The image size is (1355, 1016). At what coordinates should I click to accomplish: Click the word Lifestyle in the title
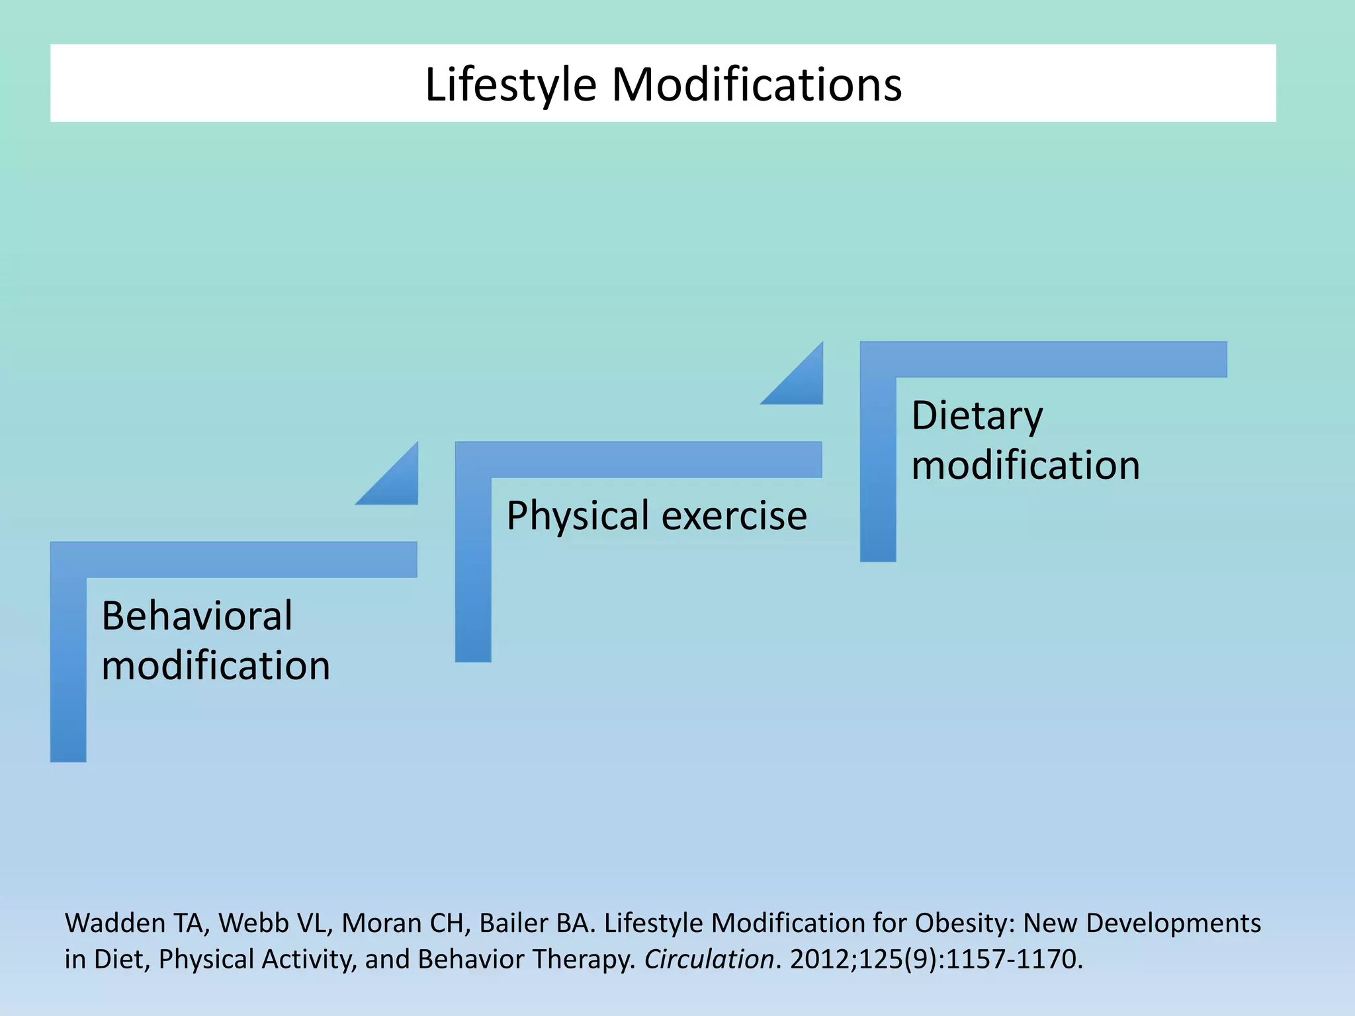tap(510, 85)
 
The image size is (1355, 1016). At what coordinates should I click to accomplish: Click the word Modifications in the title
tap(756, 85)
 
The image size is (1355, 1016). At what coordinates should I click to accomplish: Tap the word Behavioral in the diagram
tap(197, 616)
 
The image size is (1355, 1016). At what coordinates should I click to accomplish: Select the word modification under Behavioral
tap(216, 665)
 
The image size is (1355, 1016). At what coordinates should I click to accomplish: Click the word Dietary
tap(977, 416)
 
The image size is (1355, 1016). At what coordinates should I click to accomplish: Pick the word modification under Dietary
tap(1026, 465)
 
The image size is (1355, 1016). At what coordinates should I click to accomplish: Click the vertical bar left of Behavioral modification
tap(68, 668)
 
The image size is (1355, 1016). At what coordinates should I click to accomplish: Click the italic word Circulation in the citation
tap(709, 959)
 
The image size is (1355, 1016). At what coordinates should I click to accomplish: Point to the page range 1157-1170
tap(1013, 959)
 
